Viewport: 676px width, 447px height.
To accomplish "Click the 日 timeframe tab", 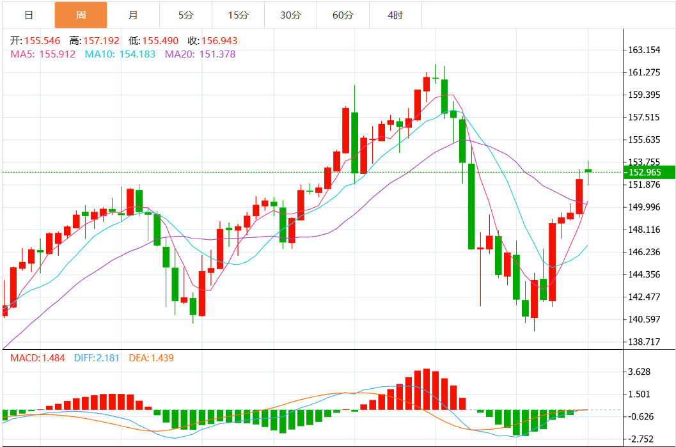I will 28,15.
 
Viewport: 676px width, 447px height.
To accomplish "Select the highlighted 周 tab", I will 81,15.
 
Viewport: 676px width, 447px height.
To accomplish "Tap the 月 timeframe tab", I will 132,15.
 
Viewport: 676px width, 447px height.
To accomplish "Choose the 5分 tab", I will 185,15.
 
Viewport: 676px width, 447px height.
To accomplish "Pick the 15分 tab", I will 238,15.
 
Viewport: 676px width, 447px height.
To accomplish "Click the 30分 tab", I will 290,15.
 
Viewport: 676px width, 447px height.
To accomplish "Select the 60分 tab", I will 343,15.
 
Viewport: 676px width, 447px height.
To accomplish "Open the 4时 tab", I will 395,15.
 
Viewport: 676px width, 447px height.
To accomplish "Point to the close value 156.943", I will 219,41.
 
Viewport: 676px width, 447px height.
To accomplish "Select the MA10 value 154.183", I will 135,54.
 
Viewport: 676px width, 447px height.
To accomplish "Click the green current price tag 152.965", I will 648,172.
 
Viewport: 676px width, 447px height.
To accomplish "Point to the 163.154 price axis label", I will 644,50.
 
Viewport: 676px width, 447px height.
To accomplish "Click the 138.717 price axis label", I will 644,342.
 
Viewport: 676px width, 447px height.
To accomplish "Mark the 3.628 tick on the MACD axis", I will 640,372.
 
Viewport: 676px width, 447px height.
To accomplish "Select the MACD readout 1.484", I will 52,358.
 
